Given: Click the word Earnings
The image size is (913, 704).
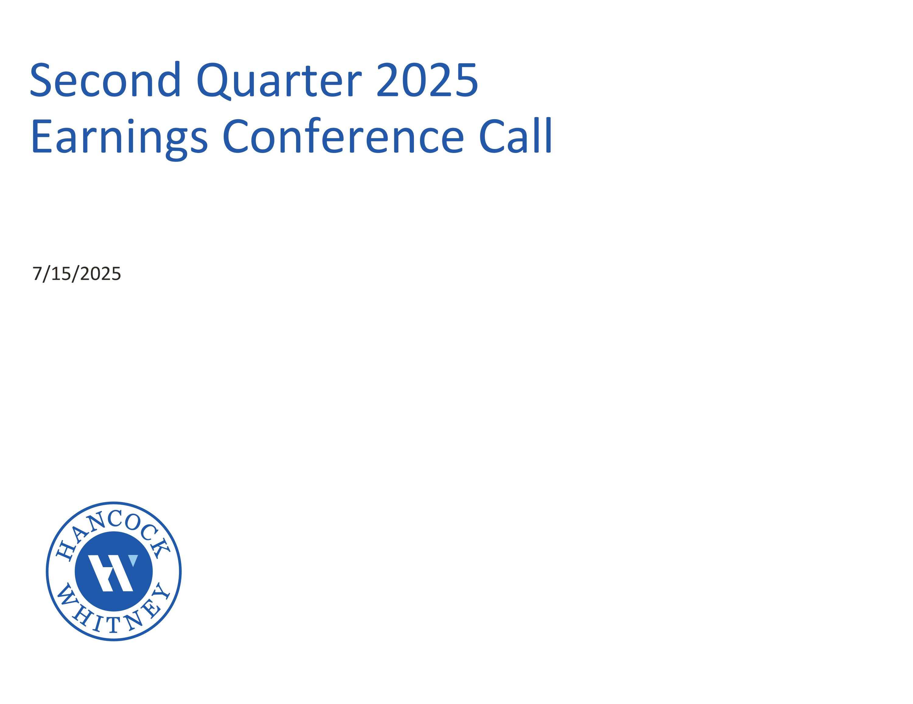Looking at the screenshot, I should point(119,137).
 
